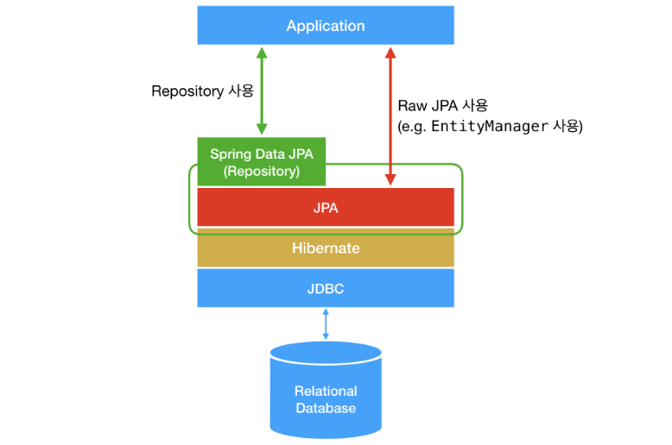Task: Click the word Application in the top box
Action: click(326, 26)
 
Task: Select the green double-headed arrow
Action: click(261, 90)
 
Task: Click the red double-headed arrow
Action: click(390, 116)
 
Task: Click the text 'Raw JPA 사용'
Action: click(442, 106)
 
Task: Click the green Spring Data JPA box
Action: click(262, 162)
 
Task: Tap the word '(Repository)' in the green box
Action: click(262, 171)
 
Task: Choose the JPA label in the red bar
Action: click(326, 208)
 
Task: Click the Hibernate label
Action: click(326, 248)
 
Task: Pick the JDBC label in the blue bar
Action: click(326, 289)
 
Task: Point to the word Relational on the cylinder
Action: click(326, 391)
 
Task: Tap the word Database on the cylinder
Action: click(326, 408)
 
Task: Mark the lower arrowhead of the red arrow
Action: click(390, 179)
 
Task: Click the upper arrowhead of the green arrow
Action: click(261, 51)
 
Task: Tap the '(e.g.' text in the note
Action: click(412, 127)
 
